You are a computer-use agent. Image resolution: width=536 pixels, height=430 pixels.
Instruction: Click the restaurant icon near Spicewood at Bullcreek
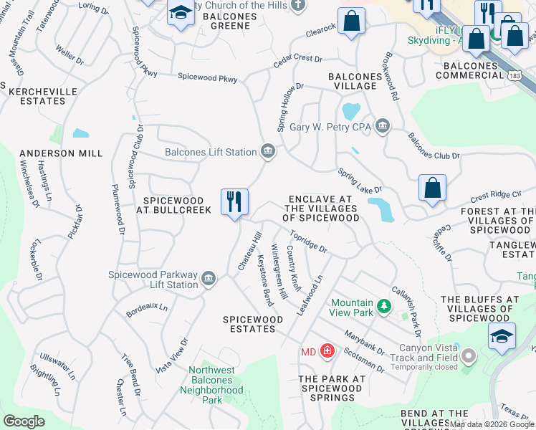(234, 202)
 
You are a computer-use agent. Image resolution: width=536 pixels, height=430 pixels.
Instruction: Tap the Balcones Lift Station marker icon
(268, 150)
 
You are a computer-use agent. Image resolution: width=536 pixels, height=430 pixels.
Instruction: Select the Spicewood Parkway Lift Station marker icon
(209, 278)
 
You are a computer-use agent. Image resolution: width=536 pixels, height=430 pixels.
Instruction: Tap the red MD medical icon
(327, 350)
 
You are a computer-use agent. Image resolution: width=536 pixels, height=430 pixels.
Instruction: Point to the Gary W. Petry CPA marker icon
(383, 127)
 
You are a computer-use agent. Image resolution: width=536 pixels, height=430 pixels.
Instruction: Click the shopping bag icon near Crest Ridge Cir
(433, 188)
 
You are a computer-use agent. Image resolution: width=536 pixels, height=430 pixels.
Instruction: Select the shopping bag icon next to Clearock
(351, 22)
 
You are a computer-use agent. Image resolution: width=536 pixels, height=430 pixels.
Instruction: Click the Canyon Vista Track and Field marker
(469, 355)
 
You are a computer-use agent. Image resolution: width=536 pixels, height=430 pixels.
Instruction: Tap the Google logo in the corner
(24, 421)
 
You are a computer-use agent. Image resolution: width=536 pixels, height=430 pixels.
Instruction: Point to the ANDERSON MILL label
(61, 153)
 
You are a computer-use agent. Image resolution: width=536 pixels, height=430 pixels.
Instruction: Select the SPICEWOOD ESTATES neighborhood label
(249, 324)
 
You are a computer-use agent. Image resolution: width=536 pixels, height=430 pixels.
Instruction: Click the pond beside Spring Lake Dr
(381, 208)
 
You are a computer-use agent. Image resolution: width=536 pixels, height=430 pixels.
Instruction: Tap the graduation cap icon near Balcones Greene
(181, 14)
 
